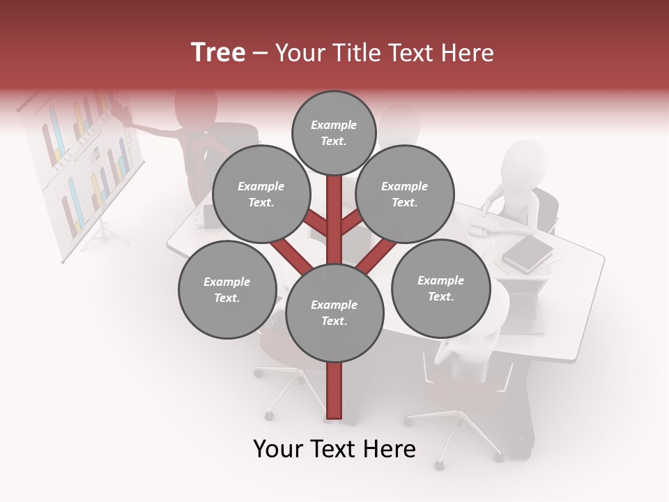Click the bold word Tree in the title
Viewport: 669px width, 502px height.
tap(218, 52)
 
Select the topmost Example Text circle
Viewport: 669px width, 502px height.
tap(334, 132)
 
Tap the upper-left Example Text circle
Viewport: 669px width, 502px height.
tap(261, 195)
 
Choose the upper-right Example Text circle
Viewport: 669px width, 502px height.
tap(405, 195)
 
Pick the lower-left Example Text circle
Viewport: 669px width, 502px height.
tap(227, 290)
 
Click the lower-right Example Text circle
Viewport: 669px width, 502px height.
tap(440, 289)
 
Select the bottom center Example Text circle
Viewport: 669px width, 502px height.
tap(334, 313)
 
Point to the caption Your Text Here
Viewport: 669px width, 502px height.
tap(334, 449)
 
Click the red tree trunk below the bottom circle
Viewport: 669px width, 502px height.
tap(334, 390)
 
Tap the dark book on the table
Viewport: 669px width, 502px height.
tap(528, 253)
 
